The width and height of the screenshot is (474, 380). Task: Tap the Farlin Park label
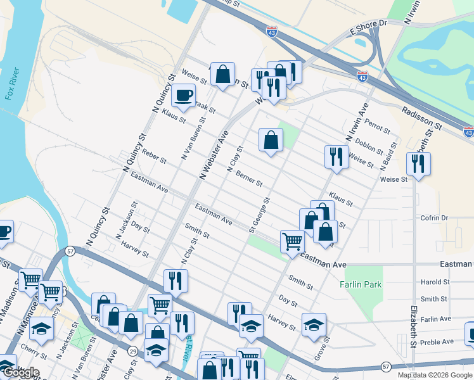pos(361,284)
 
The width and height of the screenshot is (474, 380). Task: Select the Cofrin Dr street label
pos(434,218)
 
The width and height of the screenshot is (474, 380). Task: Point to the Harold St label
pos(435,282)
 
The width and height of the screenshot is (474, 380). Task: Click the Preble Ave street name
pos(438,341)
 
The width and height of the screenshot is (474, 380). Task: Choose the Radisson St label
pos(421,117)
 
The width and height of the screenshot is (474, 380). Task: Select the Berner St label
pos(249,179)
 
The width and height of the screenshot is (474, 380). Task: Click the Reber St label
pos(153,156)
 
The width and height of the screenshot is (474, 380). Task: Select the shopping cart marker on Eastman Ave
pos(292,241)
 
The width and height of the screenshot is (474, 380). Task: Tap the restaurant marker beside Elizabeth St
pos(418,165)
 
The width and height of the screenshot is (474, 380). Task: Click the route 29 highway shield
pos(132,350)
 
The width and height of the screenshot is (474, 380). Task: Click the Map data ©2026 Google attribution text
pos(434,375)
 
